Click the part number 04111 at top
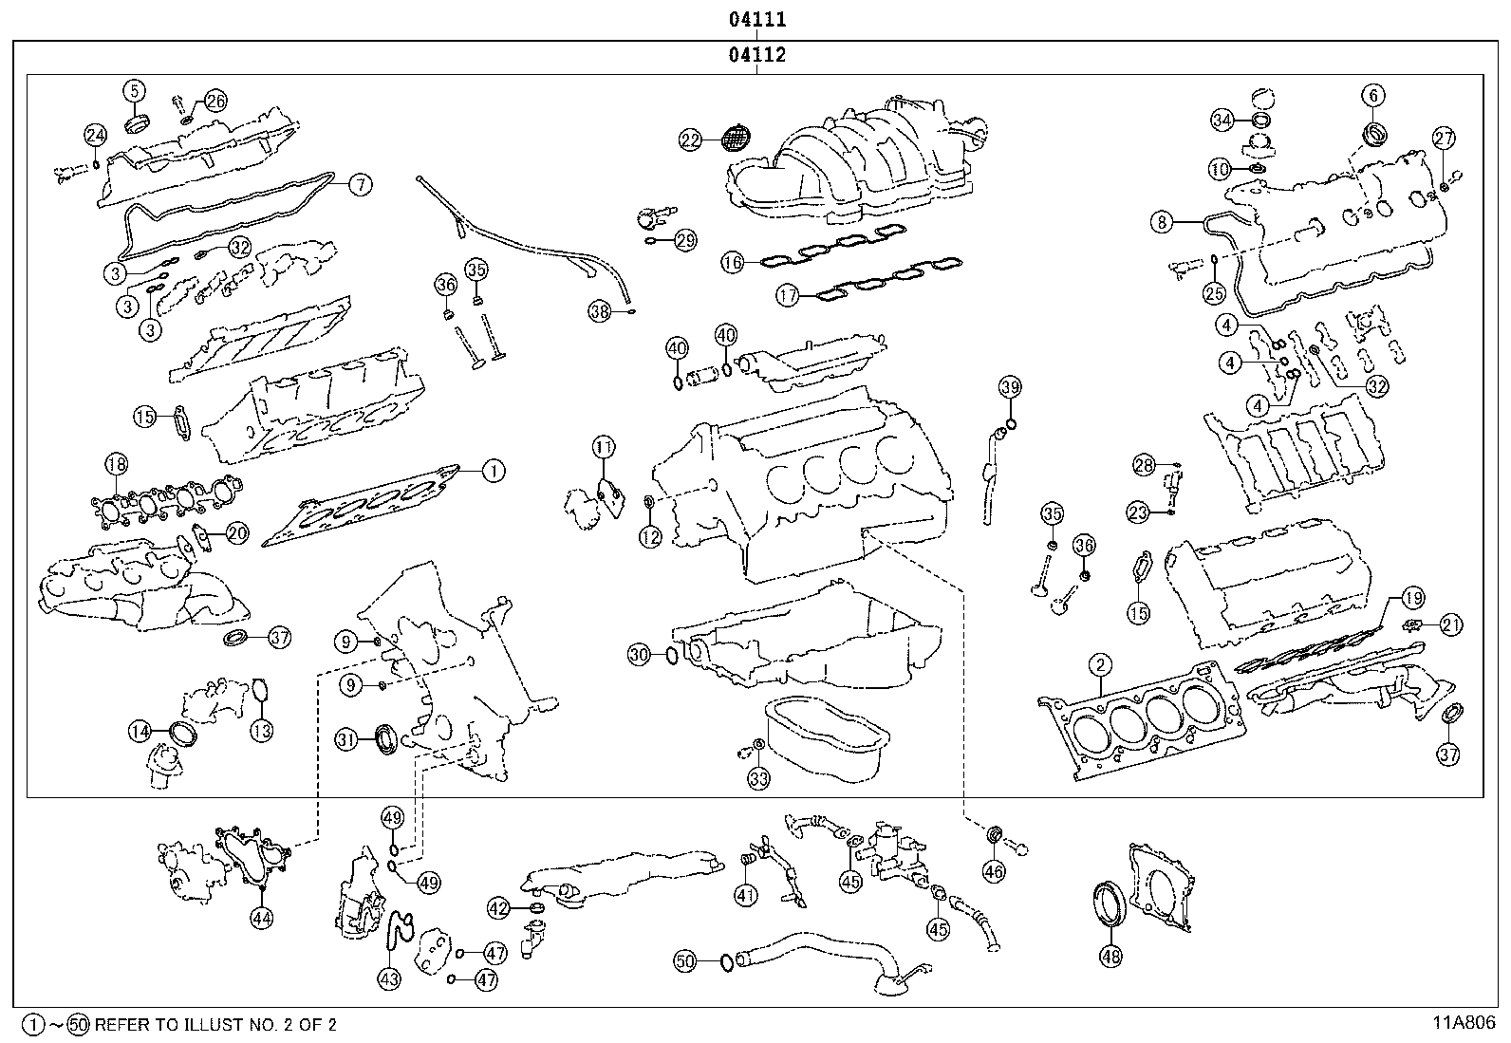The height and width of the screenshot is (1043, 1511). (x=756, y=19)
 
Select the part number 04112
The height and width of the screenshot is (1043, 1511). (x=756, y=55)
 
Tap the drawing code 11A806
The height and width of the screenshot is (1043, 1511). (x=1464, y=1023)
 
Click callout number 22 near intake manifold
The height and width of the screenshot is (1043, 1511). (x=690, y=140)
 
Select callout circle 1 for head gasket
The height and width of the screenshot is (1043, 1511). (x=493, y=470)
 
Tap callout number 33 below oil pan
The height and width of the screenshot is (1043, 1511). (x=758, y=778)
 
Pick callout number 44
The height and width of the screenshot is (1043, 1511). (x=261, y=917)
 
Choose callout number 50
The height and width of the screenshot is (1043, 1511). (x=685, y=961)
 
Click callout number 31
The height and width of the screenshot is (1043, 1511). (x=347, y=739)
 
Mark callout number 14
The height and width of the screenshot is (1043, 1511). (x=140, y=731)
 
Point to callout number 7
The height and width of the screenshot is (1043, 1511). (x=360, y=185)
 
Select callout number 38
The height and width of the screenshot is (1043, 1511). (x=598, y=310)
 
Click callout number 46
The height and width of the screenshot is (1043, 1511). (x=993, y=870)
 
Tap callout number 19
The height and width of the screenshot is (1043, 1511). (x=1412, y=598)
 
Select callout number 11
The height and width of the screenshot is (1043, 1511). (x=605, y=445)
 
